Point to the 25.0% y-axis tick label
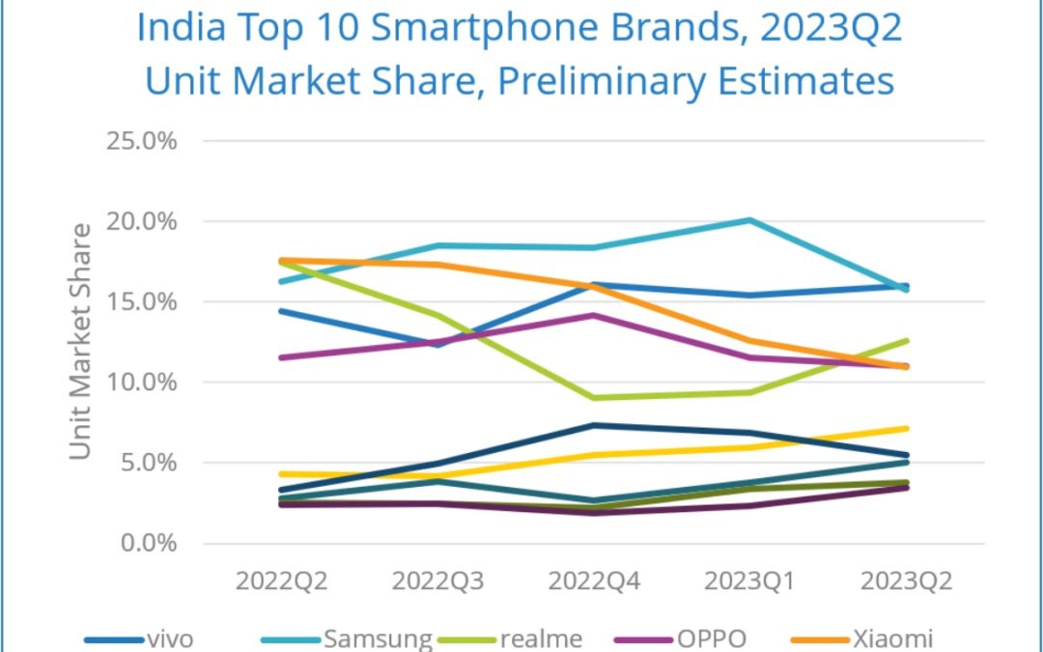pos(141,141)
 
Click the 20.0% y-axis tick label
pos(141,221)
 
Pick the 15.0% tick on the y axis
pos(141,301)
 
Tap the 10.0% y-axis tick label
pos(141,382)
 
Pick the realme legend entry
pos(541,638)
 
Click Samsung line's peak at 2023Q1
pos(750,220)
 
